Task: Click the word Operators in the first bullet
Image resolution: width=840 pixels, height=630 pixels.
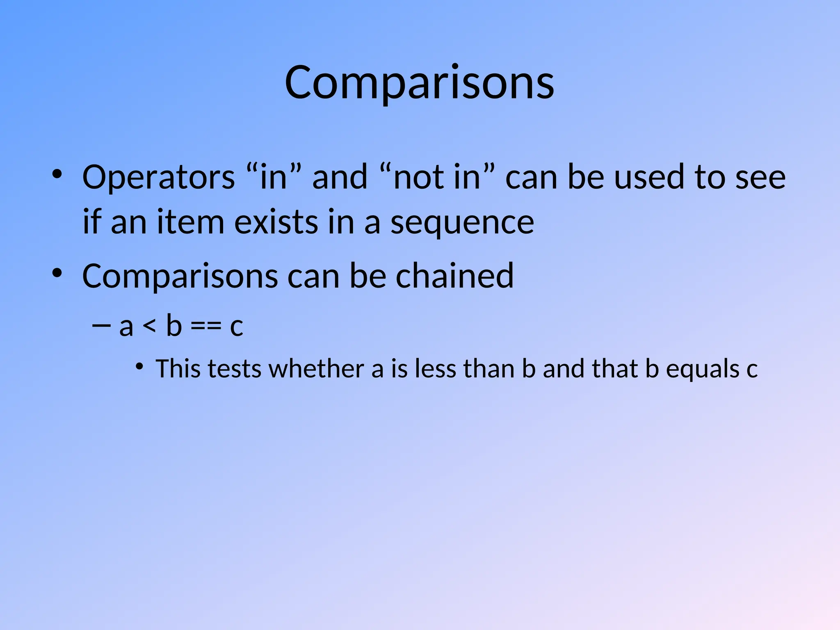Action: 159,177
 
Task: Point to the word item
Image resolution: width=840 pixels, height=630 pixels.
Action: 191,222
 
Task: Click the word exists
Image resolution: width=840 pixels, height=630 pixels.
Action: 276,222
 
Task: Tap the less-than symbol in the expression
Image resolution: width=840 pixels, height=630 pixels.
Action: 149,326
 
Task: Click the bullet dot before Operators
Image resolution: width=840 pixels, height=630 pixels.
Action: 57,174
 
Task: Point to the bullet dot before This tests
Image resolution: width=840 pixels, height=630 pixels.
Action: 140,366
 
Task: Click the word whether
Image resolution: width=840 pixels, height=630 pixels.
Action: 316,368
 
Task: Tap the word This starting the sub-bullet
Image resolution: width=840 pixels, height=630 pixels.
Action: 179,368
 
